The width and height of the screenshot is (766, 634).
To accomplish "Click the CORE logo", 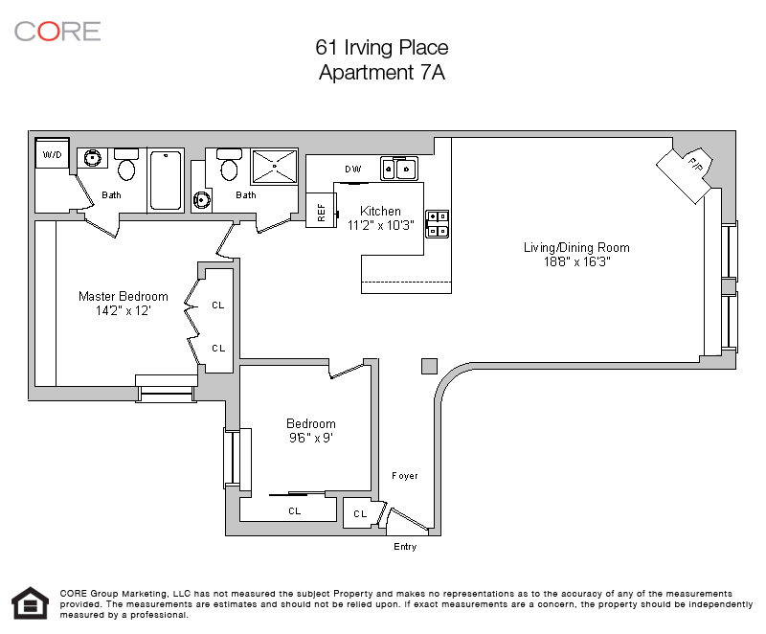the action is click(x=57, y=32).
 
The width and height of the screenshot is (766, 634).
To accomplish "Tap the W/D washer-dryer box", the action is click(x=53, y=154).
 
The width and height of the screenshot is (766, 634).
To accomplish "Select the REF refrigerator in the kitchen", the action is click(x=321, y=210).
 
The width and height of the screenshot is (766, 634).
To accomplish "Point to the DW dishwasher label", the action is click(x=352, y=169).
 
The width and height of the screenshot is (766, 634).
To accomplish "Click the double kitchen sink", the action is click(x=398, y=169).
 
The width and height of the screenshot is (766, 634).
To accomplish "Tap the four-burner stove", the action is click(x=438, y=224).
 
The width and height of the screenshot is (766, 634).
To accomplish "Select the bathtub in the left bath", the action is click(x=166, y=180).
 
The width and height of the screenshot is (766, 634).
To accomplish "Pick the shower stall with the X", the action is click(x=275, y=167).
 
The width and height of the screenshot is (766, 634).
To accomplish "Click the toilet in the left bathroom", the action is click(x=126, y=165).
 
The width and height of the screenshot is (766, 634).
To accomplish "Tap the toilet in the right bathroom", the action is click(x=229, y=165).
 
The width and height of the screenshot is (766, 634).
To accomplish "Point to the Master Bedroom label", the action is click(x=124, y=297).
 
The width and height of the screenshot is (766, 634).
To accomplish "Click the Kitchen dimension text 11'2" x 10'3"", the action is click(x=380, y=225).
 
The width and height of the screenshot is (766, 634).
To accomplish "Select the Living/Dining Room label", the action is click(x=576, y=248).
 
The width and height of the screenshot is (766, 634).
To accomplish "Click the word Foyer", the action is click(x=404, y=476).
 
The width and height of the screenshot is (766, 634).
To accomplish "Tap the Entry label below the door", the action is click(x=405, y=547).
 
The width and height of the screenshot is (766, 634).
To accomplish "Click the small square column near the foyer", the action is click(x=429, y=367).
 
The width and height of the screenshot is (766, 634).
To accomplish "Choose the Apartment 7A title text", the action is click(x=382, y=72).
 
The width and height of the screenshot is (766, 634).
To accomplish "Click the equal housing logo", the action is click(x=31, y=603).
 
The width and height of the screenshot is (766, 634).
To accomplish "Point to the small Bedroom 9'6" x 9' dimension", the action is click(x=311, y=438).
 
